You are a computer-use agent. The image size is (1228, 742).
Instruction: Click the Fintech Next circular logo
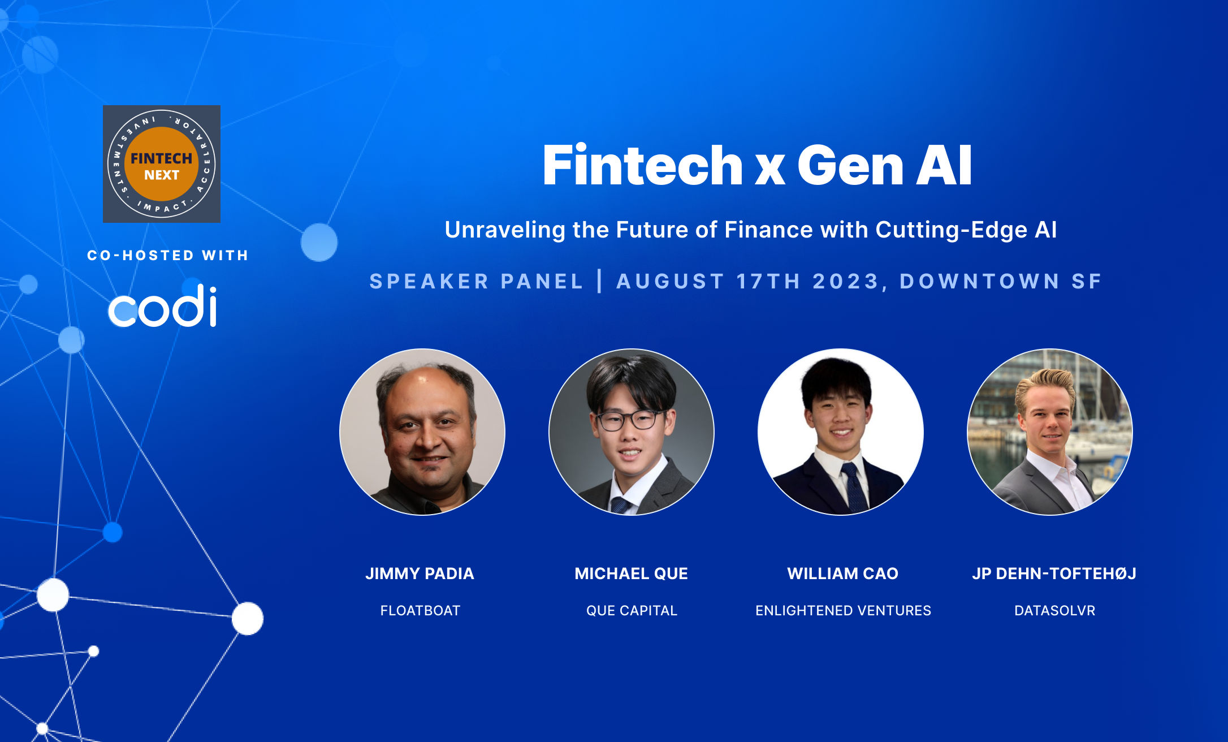pyautogui.click(x=162, y=164)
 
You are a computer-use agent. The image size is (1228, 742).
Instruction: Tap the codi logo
pyautogui.click(x=162, y=306)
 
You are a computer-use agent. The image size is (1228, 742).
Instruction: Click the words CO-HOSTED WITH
pyautogui.click(x=168, y=256)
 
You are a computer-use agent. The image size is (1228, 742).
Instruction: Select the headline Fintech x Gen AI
pyautogui.click(x=757, y=165)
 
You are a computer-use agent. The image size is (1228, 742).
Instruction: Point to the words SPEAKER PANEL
pyautogui.click(x=476, y=281)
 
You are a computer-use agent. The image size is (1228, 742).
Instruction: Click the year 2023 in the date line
pyautogui.click(x=845, y=281)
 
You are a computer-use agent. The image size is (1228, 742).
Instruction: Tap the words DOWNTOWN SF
pyautogui.click(x=1001, y=281)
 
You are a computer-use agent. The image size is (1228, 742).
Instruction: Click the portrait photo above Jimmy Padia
pyautogui.click(x=422, y=432)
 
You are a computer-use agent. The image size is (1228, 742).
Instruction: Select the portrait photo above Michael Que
pyautogui.click(x=632, y=432)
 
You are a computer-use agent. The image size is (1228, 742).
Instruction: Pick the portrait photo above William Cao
pyautogui.click(x=841, y=432)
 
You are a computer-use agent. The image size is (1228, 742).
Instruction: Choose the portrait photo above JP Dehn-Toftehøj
pyautogui.click(x=1050, y=432)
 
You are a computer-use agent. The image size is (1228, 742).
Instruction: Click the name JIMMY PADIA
pyautogui.click(x=420, y=573)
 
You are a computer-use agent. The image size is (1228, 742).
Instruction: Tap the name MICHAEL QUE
pyautogui.click(x=632, y=573)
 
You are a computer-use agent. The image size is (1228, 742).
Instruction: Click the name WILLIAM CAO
pyautogui.click(x=843, y=573)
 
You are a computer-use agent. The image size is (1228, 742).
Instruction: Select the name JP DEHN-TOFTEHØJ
pyautogui.click(x=1054, y=573)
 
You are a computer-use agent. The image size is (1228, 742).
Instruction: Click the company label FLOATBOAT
pyautogui.click(x=420, y=611)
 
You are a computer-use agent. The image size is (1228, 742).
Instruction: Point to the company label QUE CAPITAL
pyautogui.click(x=632, y=611)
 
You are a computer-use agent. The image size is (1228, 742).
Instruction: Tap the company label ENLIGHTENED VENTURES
pyautogui.click(x=843, y=611)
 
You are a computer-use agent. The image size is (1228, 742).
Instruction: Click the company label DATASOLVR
pyautogui.click(x=1055, y=611)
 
